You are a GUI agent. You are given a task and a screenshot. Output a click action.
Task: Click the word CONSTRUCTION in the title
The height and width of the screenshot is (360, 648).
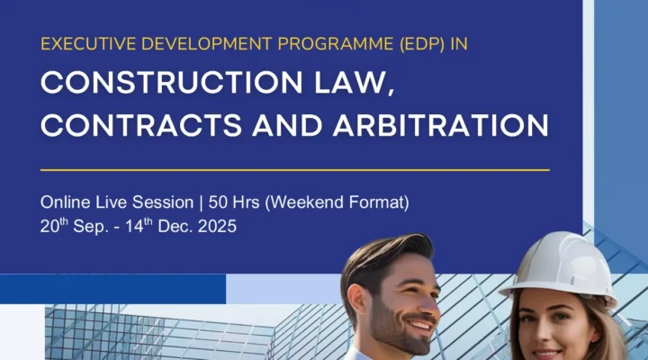click(x=172, y=82)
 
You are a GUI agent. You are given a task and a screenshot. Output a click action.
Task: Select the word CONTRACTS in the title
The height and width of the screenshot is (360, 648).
click(x=141, y=125)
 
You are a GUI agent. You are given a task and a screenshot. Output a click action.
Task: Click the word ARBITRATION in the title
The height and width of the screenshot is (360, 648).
click(x=441, y=125)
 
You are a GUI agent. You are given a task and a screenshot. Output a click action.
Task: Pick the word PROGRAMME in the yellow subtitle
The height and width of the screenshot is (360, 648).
click(x=335, y=44)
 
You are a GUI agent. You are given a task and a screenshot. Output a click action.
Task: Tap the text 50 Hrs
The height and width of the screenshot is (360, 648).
click(x=234, y=202)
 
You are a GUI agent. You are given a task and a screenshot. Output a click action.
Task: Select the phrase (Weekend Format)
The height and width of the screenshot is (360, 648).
click(x=337, y=202)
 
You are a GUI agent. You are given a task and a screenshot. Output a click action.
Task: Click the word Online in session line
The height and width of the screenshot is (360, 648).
click(x=66, y=202)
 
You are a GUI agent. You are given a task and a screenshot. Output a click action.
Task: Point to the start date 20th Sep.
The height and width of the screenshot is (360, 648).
click(x=75, y=226)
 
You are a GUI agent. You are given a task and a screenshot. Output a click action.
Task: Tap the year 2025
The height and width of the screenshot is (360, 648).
click(x=218, y=226)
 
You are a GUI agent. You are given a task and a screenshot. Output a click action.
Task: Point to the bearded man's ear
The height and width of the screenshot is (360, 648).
click(x=356, y=300)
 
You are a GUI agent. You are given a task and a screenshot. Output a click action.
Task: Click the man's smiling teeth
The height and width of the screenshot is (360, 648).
click(x=421, y=325)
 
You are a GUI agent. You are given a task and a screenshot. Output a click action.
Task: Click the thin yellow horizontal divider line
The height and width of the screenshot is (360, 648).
click(x=295, y=170)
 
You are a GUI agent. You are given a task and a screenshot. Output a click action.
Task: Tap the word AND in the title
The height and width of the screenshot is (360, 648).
click(x=287, y=125)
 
